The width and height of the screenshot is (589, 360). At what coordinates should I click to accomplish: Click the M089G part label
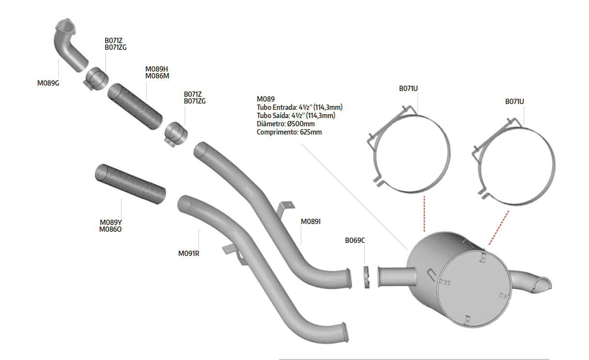click(x=48, y=83)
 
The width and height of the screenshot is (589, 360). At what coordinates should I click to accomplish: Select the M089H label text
click(x=156, y=69)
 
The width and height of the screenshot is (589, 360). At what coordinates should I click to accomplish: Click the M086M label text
click(x=157, y=76)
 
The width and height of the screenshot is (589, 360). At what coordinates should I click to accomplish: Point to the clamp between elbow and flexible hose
click(x=96, y=78)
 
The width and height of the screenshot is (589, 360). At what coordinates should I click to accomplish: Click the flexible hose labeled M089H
click(x=135, y=106)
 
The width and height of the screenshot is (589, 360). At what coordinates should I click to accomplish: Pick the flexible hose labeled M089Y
click(x=130, y=183)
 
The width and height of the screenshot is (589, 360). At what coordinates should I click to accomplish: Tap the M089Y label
click(x=111, y=223)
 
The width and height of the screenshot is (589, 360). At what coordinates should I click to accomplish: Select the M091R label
click(x=189, y=254)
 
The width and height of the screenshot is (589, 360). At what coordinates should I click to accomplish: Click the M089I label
click(x=311, y=222)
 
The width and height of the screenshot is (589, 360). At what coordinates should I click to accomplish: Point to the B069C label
click(x=355, y=240)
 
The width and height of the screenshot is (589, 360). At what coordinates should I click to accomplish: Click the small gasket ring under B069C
click(x=366, y=277)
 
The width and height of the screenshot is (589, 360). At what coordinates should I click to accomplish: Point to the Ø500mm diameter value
click(x=301, y=124)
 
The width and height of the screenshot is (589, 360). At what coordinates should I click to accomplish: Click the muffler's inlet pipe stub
click(x=397, y=277)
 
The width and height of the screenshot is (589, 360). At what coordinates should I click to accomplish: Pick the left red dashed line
click(x=424, y=214)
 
